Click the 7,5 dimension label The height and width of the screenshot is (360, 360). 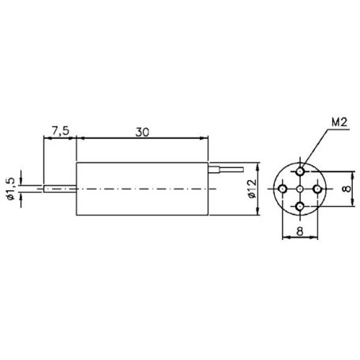(x=59, y=128)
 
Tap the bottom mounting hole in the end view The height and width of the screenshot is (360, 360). (x=301, y=207)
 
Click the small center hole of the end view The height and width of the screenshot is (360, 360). (x=301, y=190)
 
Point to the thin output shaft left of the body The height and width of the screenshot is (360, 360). (x=59, y=189)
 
